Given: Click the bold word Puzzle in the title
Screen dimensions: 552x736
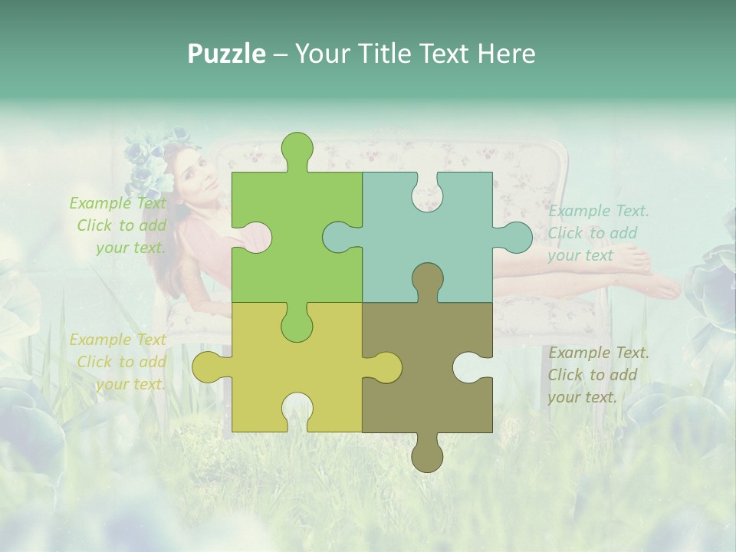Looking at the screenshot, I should tap(226, 53).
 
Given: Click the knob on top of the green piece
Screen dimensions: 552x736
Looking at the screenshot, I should tap(297, 150).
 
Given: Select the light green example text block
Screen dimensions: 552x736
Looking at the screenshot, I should tap(118, 225).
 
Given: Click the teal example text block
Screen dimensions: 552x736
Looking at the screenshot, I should tap(598, 233).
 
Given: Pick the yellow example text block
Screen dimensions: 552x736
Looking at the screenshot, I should tap(118, 362).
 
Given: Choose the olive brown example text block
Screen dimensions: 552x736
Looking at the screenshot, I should tap(598, 375).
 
